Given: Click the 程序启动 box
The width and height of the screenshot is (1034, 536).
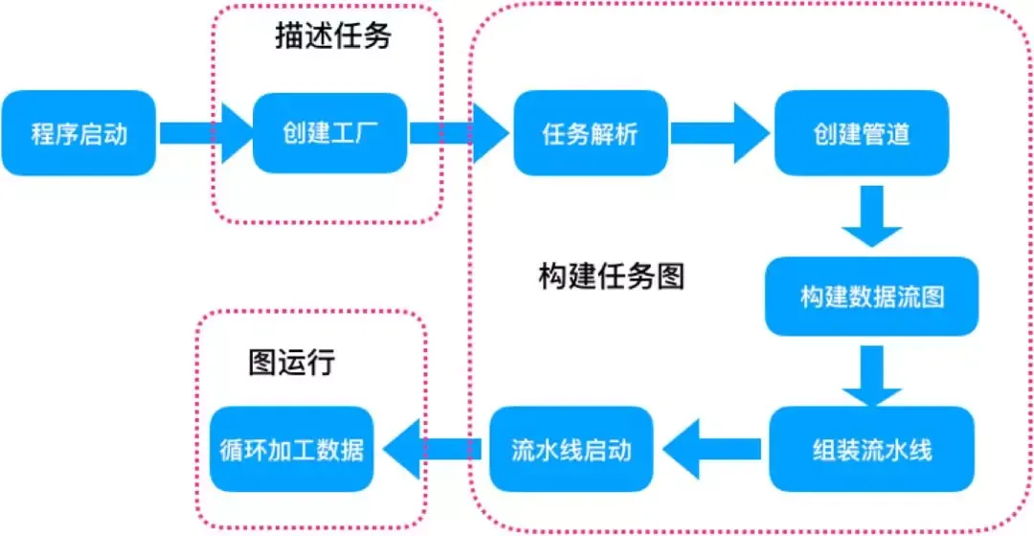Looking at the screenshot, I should (79, 133).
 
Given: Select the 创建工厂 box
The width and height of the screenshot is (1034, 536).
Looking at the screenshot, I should (330, 133).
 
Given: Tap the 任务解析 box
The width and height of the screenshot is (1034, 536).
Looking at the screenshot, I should (591, 133).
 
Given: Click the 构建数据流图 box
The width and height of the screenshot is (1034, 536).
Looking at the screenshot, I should (871, 296).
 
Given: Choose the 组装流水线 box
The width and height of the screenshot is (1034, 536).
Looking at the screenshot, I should (871, 449).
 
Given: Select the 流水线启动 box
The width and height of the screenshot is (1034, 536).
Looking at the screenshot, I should (572, 449).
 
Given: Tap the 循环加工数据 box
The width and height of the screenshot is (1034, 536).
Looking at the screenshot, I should (291, 449).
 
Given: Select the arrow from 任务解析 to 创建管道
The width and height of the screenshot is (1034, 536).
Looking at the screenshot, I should (719, 133).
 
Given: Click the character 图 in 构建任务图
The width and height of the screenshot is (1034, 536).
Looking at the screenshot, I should (671, 277).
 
